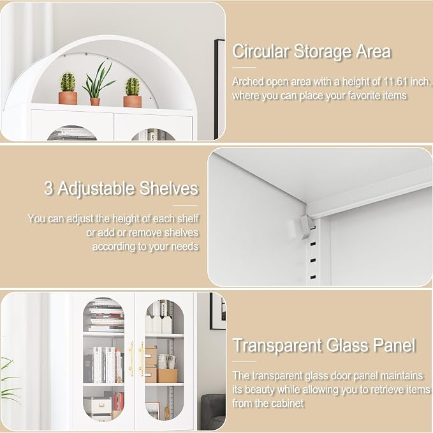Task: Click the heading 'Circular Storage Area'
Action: pos(311,52)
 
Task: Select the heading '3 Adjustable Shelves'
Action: pos(121,188)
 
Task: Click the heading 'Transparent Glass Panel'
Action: pos(324,345)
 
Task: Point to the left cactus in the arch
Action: pos(68,82)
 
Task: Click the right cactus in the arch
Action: pos(133,87)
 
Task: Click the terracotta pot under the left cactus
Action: pos(68,98)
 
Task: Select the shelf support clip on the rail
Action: pos(306,227)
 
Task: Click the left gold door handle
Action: pos(131,359)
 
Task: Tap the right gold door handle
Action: pos(141,359)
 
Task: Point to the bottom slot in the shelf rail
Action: pos(313,277)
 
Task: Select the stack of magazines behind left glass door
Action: pos(105,316)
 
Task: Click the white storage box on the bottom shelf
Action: pos(98,406)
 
